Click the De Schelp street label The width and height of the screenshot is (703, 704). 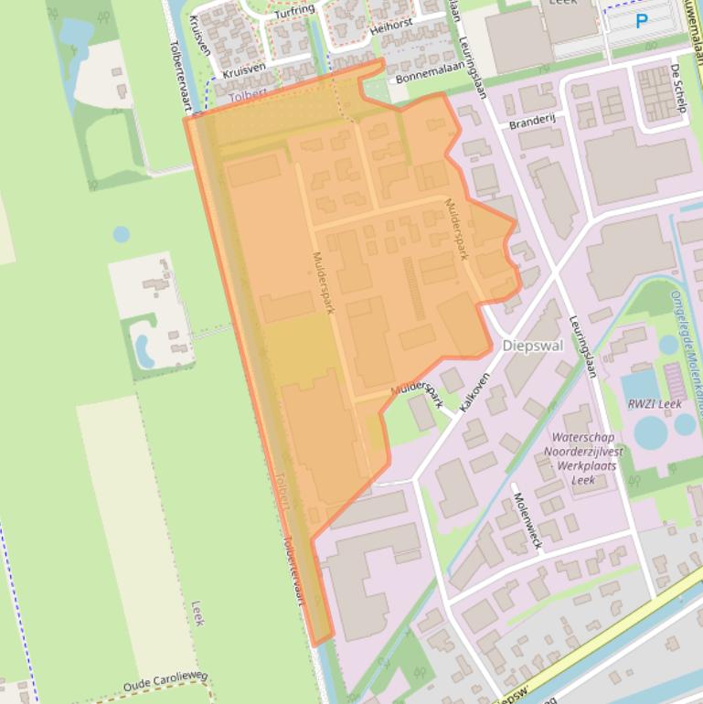tap(676, 89)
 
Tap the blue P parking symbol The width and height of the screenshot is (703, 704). tap(642, 21)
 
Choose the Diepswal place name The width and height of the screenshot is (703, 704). tap(533, 346)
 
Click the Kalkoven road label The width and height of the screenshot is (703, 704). tap(474, 390)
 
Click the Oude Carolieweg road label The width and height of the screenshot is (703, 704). tap(165, 682)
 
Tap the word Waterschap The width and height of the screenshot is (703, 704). tap(582, 438)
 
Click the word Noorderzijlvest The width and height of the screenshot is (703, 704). tap(583, 452)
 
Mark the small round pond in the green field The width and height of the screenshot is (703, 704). tap(122, 234)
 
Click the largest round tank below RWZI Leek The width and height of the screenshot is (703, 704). tap(650, 432)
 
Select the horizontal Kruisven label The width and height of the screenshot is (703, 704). tap(244, 69)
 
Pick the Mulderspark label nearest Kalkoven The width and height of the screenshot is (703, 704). tap(417, 394)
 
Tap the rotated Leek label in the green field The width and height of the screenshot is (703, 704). tap(197, 613)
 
